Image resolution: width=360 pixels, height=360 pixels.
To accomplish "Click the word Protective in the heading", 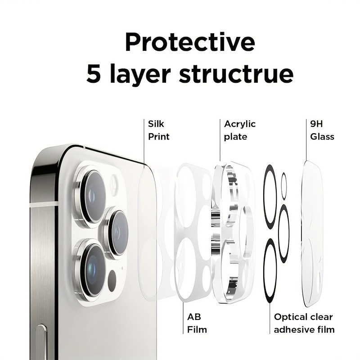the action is tap(190, 42).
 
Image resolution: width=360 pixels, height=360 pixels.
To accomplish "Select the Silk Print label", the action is tap(159, 130).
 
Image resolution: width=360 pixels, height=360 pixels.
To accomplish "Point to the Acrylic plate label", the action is tap(240, 130).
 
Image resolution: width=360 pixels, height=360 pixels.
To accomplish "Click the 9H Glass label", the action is tap(322, 130).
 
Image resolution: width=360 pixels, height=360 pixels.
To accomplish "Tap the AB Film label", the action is tap(197, 323).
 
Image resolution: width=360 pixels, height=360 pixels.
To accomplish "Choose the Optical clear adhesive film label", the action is tap(304, 323).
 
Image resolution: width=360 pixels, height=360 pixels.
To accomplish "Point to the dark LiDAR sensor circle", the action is tap(112, 278).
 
